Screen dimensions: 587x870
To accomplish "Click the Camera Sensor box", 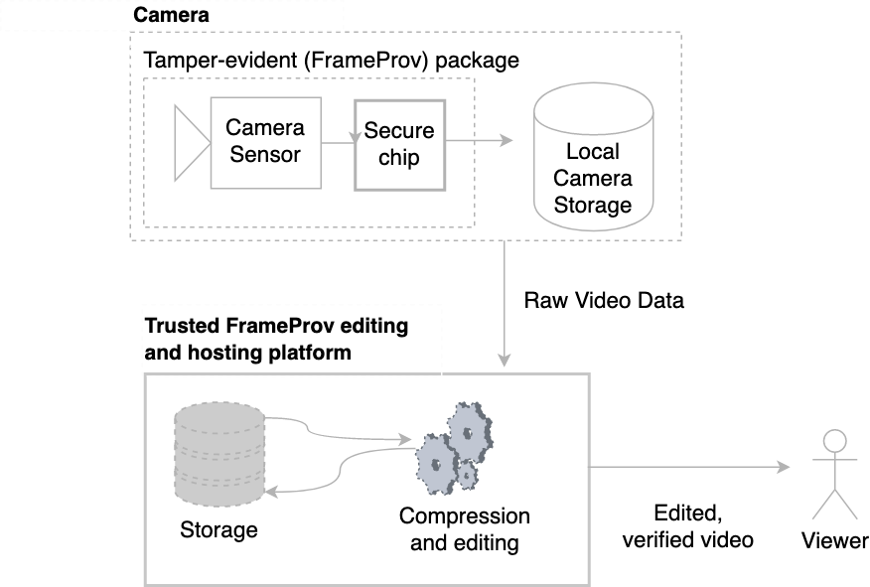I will pos(265,142).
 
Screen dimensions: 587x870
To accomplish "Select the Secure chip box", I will pos(399,144).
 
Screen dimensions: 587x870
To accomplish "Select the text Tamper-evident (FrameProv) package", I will pos(332,61).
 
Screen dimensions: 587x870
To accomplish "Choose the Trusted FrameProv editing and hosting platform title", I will pos(276,339).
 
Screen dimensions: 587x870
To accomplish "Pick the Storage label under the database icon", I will pos(218,529).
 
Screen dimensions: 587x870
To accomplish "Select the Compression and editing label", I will pos(464,529).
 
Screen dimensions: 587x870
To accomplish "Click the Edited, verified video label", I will pos(688,526).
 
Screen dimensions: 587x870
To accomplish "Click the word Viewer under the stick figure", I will pos(835,541).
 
